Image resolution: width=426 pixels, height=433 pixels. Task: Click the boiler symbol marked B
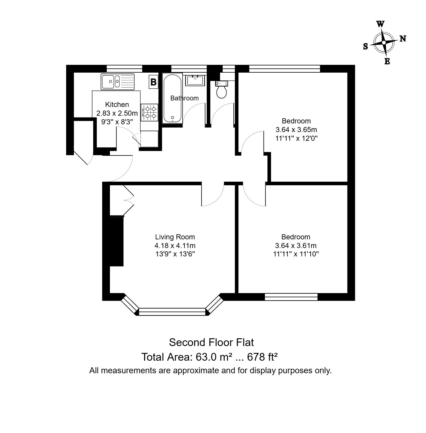click(x=153, y=82)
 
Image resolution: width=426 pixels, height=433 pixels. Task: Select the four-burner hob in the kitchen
click(x=149, y=112)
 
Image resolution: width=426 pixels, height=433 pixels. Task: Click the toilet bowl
click(x=222, y=91)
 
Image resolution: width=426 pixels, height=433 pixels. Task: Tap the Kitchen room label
click(x=117, y=105)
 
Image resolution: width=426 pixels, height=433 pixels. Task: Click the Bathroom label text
click(x=184, y=98)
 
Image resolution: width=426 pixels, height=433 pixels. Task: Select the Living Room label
click(x=175, y=237)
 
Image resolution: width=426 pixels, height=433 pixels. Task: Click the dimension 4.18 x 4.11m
click(x=175, y=246)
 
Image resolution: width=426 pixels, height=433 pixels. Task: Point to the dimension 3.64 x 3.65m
click(x=296, y=130)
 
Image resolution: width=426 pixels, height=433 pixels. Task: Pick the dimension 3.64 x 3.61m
click(x=296, y=246)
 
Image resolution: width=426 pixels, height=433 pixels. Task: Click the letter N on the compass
click(x=403, y=39)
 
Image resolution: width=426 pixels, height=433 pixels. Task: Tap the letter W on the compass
click(x=380, y=24)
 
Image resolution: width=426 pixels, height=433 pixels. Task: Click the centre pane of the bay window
click(x=172, y=312)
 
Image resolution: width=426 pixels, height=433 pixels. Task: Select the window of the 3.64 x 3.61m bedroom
click(x=291, y=297)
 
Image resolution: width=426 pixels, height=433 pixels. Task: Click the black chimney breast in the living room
click(x=117, y=241)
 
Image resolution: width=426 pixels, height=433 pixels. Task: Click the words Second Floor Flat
click(x=211, y=342)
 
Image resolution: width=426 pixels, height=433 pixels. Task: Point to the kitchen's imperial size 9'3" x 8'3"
click(x=117, y=122)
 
